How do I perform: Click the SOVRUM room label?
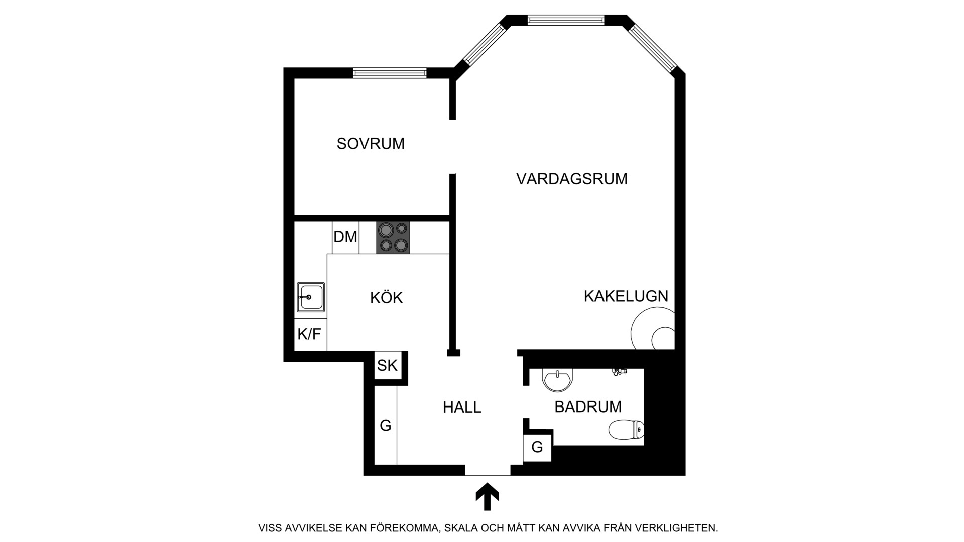pos(371,144)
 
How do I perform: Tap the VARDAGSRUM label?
pos(572,179)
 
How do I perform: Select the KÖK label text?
pos(387,297)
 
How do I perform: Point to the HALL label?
pos(462,407)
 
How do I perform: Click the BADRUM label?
pos(588,406)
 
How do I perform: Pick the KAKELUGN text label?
pos(626,296)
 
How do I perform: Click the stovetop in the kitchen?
pos(393,237)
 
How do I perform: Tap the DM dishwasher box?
pos(345,237)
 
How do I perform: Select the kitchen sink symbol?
pos(311,297)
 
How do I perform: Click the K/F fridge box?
pos(310,334)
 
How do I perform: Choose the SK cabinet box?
pos(388,365)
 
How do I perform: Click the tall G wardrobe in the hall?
pos(386,425)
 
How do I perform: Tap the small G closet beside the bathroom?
pos(537,447)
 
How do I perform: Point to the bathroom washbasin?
pos(557,380)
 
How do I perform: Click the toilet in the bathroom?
pos(626,430)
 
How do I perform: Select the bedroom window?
pos(390,73)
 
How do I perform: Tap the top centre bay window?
pos(566,20)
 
